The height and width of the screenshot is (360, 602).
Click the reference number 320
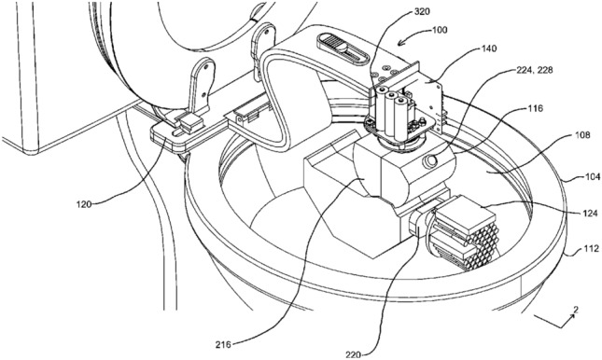[423, 11]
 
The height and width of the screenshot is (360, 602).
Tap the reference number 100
[440, 30]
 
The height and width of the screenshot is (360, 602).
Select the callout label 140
[488, 48]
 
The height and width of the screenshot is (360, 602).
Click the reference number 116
[535, 108]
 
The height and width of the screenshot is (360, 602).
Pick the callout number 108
[582, 135]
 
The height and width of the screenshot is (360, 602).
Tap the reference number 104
[593, 177]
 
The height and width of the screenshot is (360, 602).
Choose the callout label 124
[590, 213]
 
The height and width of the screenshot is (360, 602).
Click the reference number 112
[591, 249]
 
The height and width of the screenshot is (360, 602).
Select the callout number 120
[84, 204]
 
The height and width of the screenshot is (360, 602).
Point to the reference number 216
[223, 345]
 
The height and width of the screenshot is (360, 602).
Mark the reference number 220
[353, 355]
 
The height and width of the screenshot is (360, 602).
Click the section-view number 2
[576, 310]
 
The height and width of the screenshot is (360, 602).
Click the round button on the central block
[430, 161]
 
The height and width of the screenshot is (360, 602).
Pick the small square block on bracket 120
[191, 124]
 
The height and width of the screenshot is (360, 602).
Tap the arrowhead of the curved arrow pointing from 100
[400, 43]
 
